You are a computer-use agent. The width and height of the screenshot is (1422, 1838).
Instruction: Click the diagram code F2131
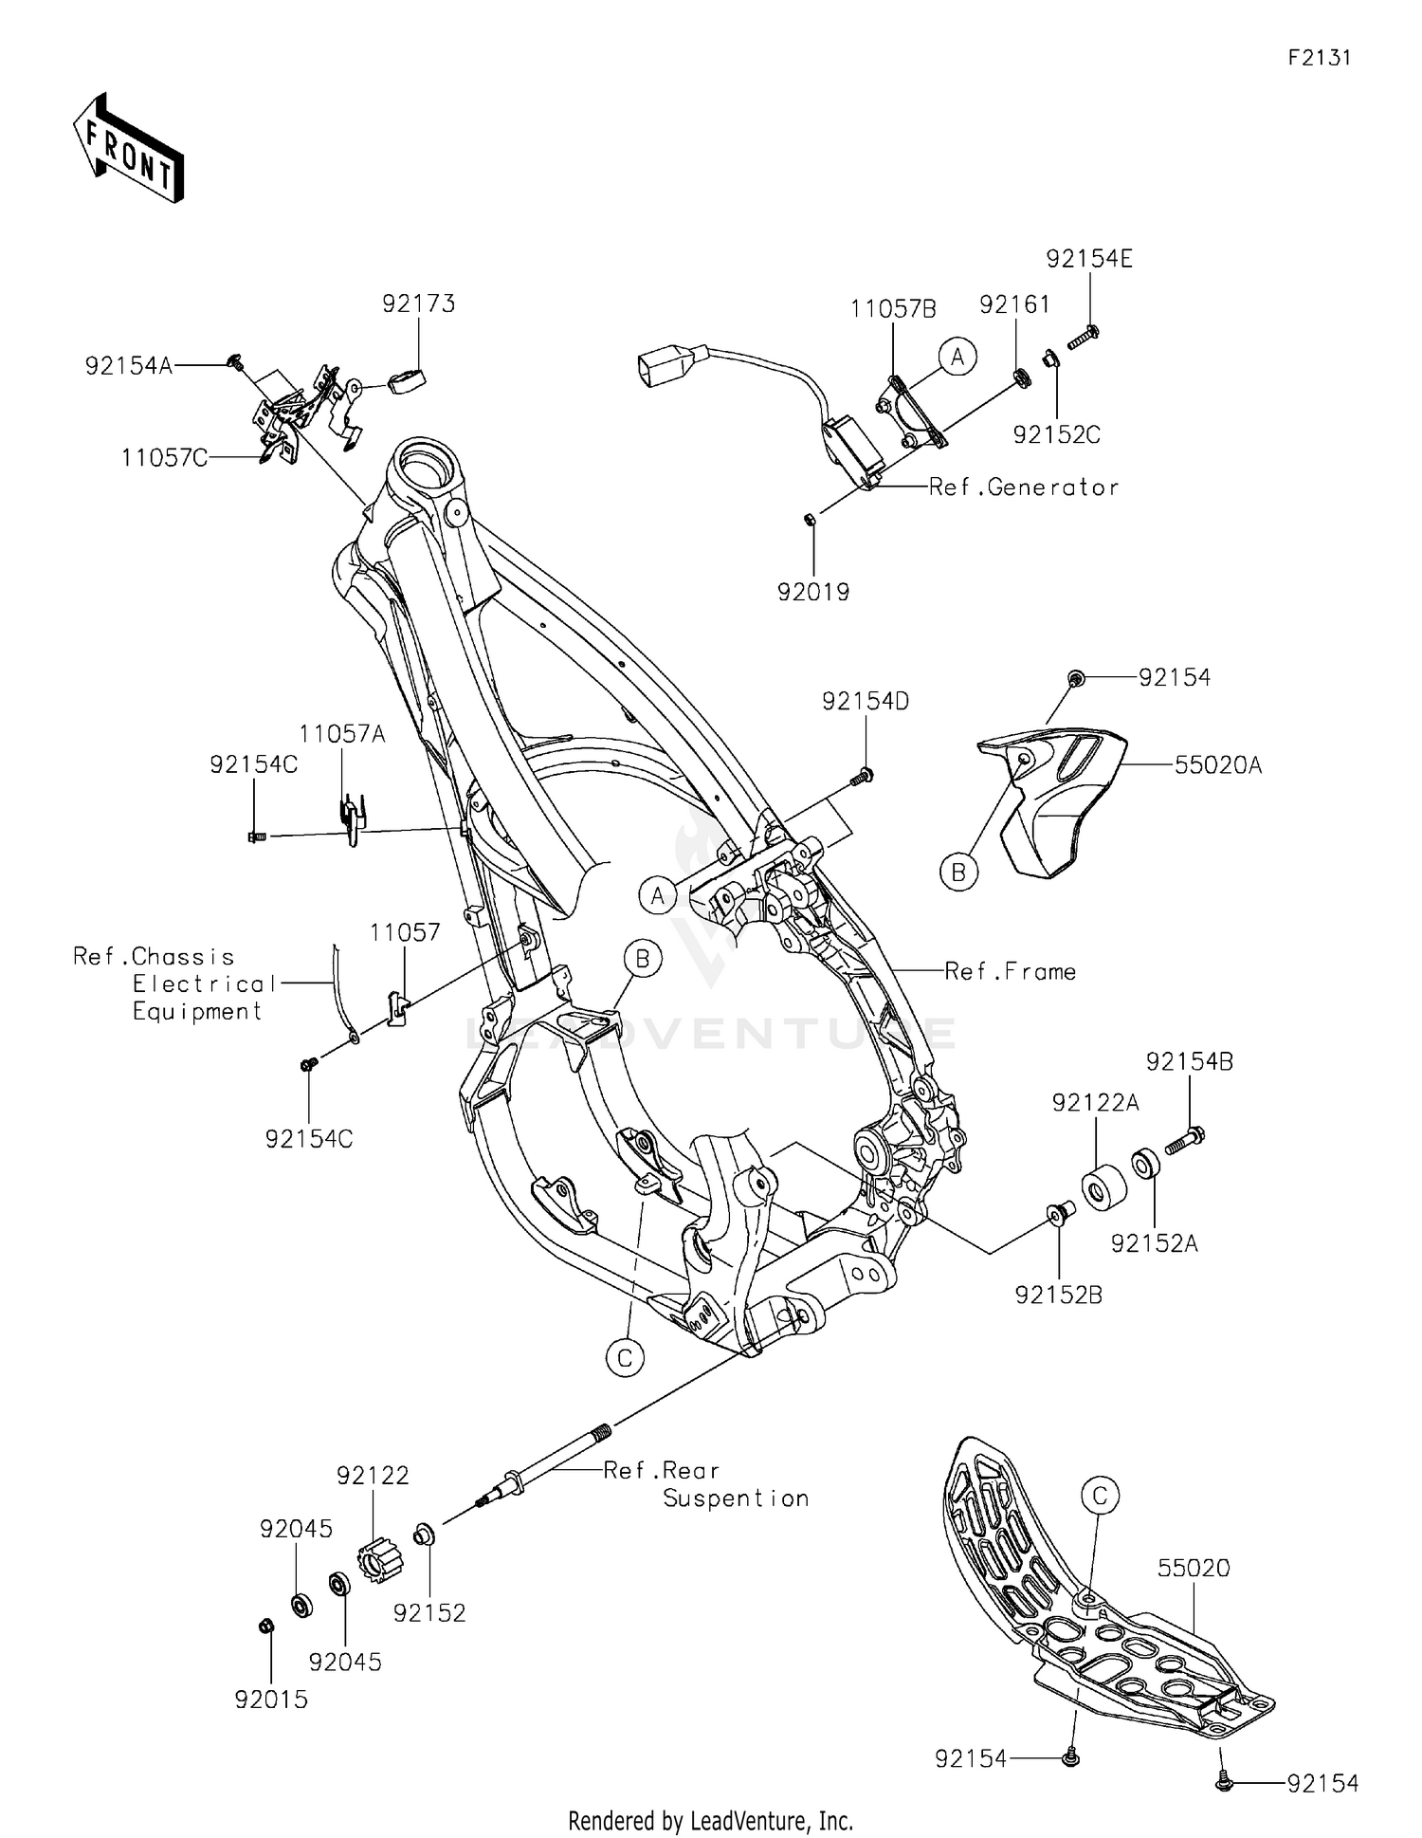(x=1319, y=58)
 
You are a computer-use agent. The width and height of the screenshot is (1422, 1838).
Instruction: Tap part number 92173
(x=418, y=303)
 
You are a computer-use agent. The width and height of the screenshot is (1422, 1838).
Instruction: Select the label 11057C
(x=164, y=458)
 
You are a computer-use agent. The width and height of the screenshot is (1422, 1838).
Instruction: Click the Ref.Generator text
(x=1023, y=487)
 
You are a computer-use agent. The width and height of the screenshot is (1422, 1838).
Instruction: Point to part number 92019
(x=812, y=592)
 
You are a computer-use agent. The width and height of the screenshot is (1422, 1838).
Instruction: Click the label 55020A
(x=1217, y=764)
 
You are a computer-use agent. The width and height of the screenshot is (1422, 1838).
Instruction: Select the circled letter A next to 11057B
(x=957, y=357)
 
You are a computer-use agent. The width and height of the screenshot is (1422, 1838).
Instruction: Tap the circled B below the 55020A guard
(x=957, y=872)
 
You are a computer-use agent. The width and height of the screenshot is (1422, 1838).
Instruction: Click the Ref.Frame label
(x=1010, y=971)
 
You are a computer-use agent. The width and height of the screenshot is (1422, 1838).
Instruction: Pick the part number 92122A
(x=1095, y=1103)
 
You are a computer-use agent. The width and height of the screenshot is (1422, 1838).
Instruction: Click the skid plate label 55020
(x=1193, y=1569)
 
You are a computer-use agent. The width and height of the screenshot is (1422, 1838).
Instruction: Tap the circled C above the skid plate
(x=1100, y=1497)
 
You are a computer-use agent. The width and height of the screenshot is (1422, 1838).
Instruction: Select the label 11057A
(x=341, y=734)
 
